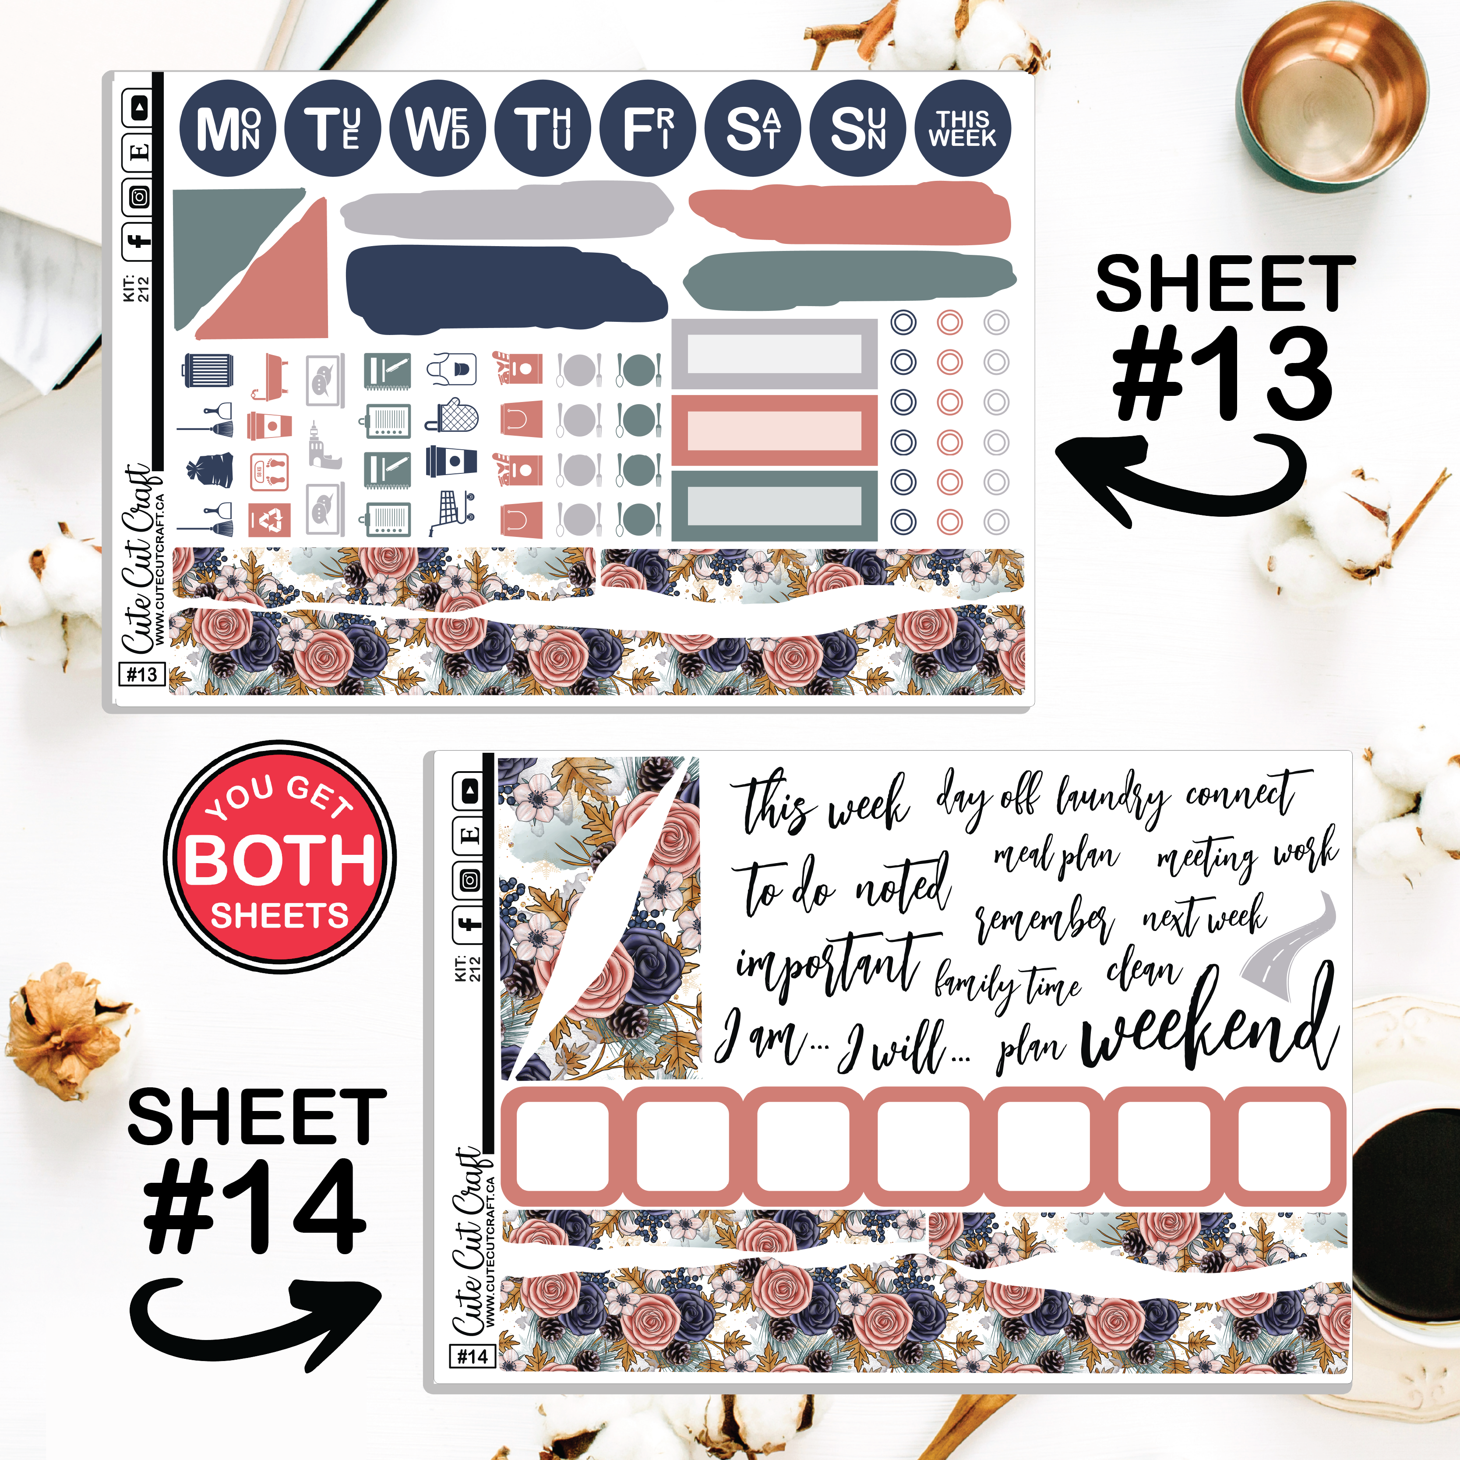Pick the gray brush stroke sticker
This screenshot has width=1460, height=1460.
[x=506, y=210]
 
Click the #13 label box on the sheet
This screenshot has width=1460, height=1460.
[x=142, y=674]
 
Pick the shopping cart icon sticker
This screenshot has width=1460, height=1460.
[x=451, y=511]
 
